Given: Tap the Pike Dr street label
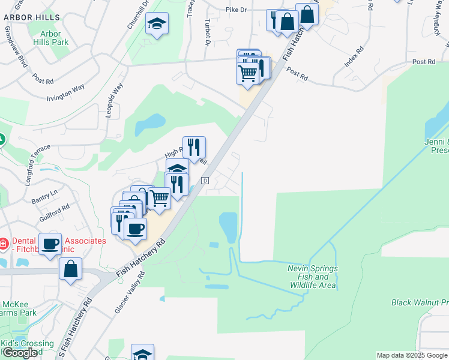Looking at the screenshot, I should [236, 10].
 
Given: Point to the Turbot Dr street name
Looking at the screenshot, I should [207, 31].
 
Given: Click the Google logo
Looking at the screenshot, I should [20, 353].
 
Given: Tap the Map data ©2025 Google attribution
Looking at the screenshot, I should [412, 355].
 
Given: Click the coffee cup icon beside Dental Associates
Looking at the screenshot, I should [50, 244].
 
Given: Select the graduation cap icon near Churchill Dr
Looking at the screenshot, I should [157, 24].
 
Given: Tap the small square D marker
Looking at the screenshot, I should [205, 181].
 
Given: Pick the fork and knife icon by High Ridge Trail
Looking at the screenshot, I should [194, 147].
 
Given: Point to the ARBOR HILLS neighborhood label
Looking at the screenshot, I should [30, 18].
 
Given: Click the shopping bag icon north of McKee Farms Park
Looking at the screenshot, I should [71, 269].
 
